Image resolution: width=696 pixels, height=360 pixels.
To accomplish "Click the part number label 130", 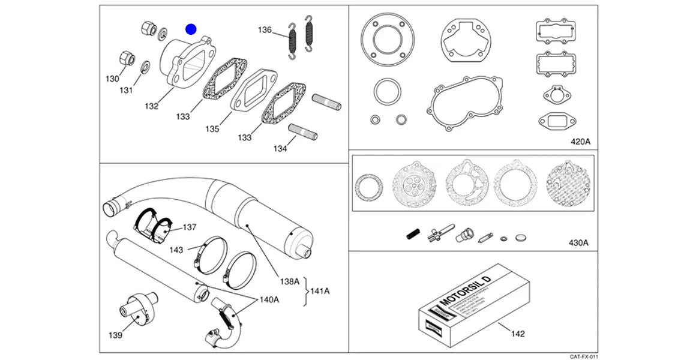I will pyautogui.click(x=112, y=79).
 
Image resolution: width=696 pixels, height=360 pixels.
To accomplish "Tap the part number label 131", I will pyautogui.click(x=125, y=91).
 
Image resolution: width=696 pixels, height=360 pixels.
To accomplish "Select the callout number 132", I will pyautogui.click(x=151, y=106).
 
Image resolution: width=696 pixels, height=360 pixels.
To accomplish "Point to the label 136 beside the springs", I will pyautogui.click(x=265, y=29).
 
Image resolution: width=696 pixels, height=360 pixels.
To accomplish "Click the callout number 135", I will pyautogui.click(x=211, y=129).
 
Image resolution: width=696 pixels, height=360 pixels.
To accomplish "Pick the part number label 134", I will pyautogui.click(x=280, y=148).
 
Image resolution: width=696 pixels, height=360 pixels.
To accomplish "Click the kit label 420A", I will pyautogui.click(x=580, y=142).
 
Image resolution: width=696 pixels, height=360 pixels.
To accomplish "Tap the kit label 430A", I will pyautogui.click(x=578, y=243).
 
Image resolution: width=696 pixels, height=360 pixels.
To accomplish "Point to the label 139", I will pyautogui.click(x=115, y=335).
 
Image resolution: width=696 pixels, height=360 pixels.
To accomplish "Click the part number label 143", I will pyautogui.click(x=176, y=249).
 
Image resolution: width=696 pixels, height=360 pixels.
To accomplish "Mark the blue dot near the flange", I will pyautogui.click(x=191, y=28).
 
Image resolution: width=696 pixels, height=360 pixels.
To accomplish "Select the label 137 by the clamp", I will pyautogui.click(x=190, y=227).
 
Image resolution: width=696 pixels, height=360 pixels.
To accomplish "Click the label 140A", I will pyautogui.click(x=269, y=299).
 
